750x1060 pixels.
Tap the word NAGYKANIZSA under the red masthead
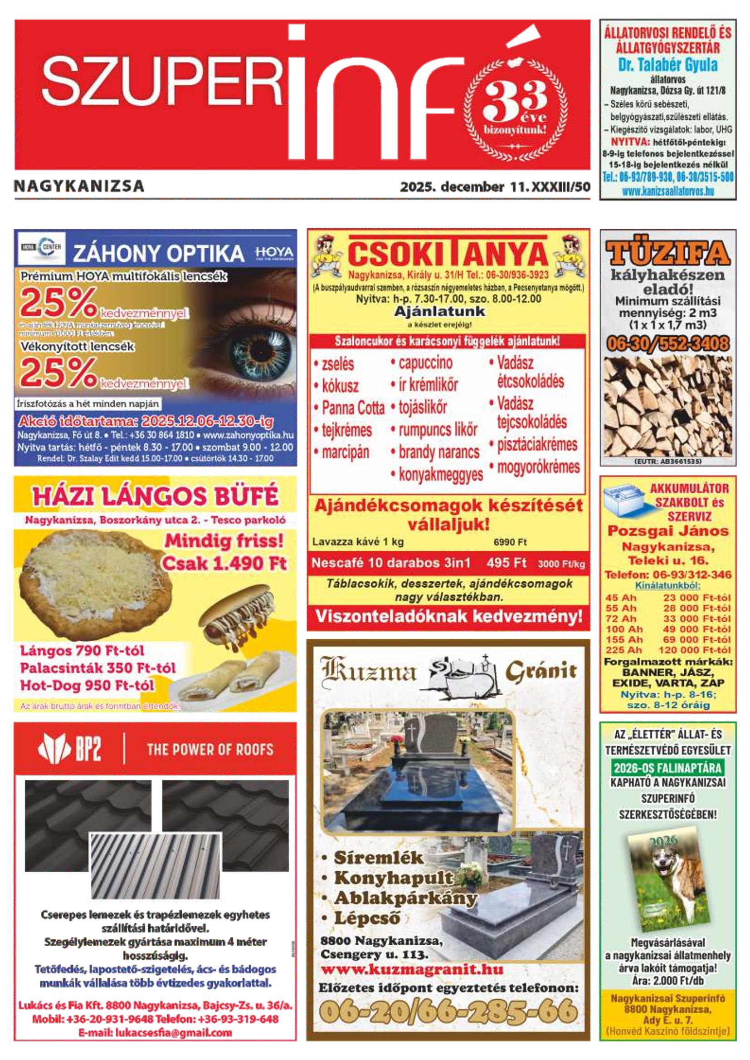click(x=79, y=186)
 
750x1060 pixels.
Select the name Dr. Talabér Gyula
click(x=668, y=65)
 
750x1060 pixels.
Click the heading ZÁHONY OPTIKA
click(x=158, y=254)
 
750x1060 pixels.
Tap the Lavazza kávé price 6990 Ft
click(x=510, y=542)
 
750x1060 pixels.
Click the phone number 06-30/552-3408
click(x=668, y=344)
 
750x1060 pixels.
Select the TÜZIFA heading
click(x=668, y=253)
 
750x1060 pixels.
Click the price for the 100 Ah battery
click(x=697, y=629)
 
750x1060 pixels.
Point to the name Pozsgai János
click(x=668, y=531)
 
